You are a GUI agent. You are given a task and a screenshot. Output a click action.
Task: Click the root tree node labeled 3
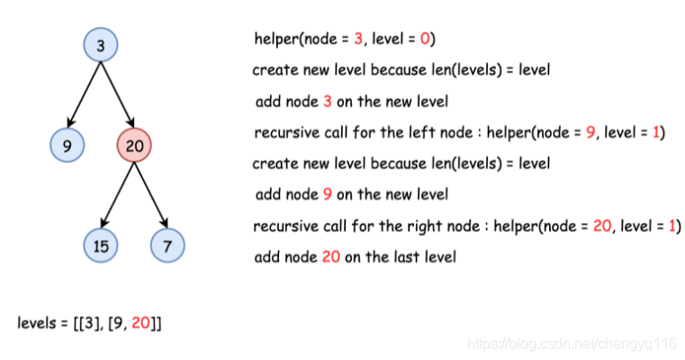point(100,45)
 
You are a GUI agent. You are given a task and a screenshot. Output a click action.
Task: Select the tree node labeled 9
point(68,144)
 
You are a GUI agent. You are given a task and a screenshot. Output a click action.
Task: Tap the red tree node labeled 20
point(134,144)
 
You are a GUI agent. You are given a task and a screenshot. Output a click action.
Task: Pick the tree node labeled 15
point(100,245)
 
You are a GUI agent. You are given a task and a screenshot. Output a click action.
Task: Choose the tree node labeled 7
point(167,245)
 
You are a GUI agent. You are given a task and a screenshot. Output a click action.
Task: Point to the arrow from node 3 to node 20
point(118,94)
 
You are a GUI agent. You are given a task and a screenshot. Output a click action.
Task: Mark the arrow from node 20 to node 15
point(117,193)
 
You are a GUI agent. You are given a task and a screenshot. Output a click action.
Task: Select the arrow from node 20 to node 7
point(151,193)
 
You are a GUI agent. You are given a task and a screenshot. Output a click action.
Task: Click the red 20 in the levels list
point(141,322)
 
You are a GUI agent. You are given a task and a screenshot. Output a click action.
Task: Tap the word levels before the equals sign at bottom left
point(37,322)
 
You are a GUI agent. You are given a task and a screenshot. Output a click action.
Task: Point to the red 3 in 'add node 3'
point(328,102)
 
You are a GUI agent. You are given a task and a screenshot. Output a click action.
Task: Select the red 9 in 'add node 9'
point(328,194)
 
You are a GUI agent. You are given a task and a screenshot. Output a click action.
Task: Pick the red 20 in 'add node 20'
point(332,257)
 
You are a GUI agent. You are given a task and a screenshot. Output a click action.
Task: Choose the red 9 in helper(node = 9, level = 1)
point(590,133)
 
